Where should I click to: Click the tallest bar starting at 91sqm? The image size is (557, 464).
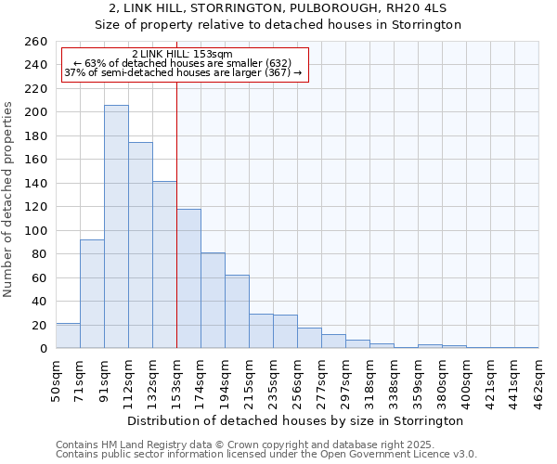[x=116, y=227]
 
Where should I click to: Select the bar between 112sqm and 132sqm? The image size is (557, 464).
[x=140, y=246]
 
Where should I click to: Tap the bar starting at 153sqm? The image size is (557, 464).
[x=188, y=278]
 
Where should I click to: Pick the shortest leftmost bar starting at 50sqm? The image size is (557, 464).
[x=68, y=336]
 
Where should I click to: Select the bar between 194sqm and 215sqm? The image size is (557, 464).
[x=237, y=312]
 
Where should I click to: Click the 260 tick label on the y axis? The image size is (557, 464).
[x=35, y=42]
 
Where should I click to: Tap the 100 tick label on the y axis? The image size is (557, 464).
[x=35, y=230]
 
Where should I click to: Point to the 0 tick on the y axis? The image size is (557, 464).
[x=43, y=349]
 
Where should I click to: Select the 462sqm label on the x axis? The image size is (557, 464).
[x=538, y=380]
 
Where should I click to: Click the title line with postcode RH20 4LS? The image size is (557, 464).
[x=278, y=8]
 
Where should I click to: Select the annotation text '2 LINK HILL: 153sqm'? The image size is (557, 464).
[x=183, y=54]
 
